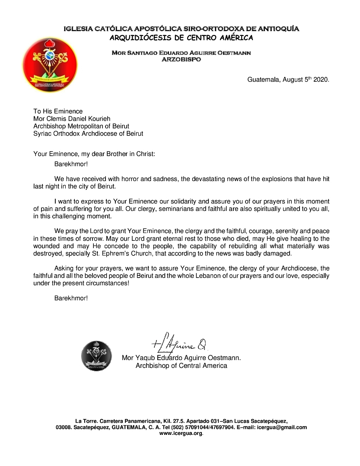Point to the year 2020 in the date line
[322, 80]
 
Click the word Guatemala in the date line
[264, 80]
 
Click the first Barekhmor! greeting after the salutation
[71, 164]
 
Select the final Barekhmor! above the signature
[71, 298]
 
